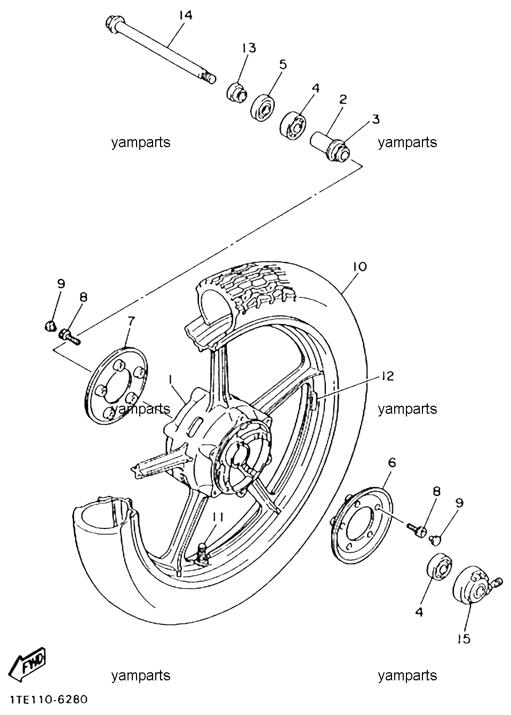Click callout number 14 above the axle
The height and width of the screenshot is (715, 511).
pos(186,15)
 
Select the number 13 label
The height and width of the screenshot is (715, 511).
pos(249,48)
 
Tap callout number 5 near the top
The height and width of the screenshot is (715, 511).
pos(283,65)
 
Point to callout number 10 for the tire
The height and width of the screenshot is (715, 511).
pos(360,266)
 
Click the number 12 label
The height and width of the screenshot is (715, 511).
pos(387,376)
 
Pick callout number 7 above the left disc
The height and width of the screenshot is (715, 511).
pos(131,320)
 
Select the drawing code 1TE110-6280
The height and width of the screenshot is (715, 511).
pos(49,700)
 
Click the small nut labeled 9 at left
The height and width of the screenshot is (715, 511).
pos(50,326)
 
